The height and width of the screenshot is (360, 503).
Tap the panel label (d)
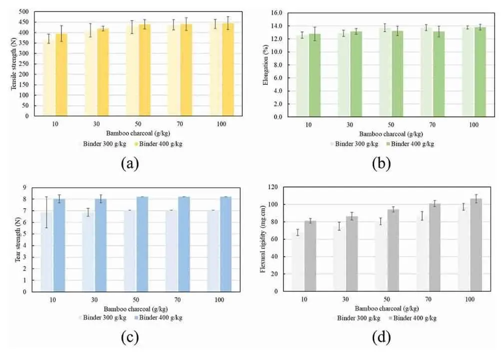coord(381,338)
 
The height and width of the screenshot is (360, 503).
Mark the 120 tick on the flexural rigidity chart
coord(272,187)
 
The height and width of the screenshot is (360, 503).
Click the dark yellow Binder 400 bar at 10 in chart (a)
coord(61,75)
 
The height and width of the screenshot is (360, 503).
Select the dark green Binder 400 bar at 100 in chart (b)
coord(480,72)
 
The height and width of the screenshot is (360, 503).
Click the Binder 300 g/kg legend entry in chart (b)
coord(357,144)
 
